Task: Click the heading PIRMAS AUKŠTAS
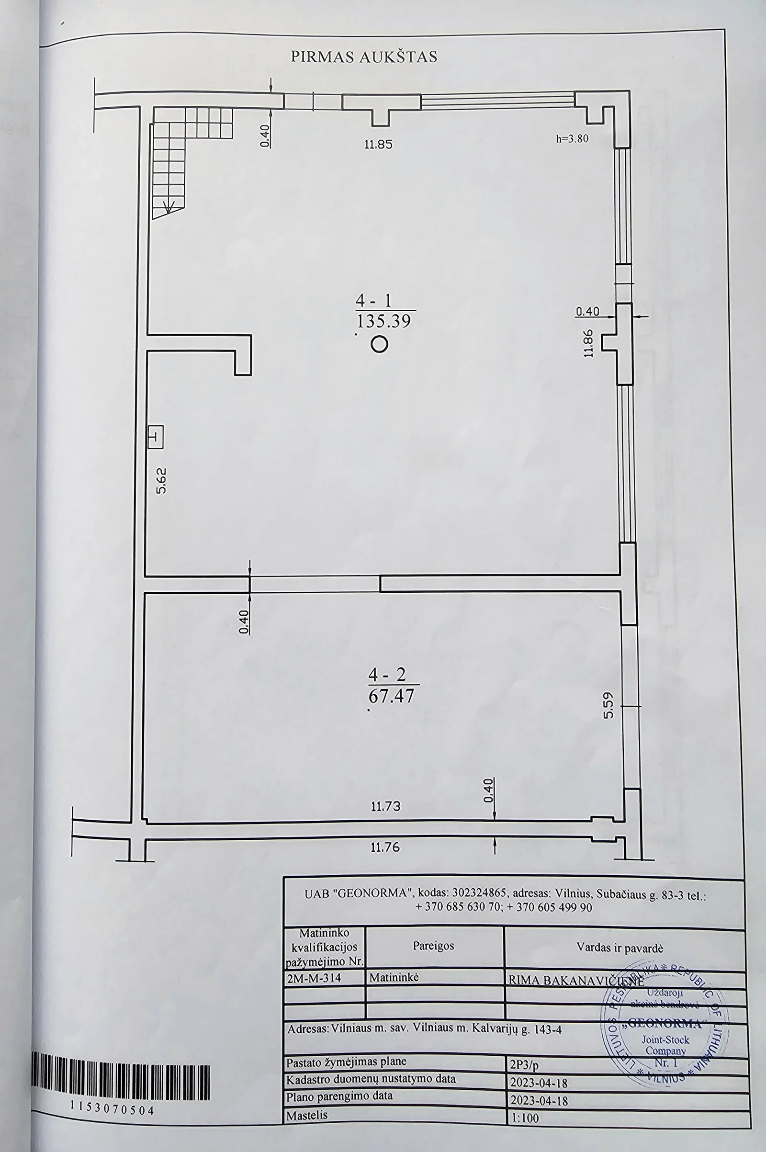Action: click(364, 56)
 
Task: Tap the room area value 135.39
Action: click(384, 321)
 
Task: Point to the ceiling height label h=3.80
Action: click(572, 138)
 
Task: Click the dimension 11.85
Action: click(379, 145)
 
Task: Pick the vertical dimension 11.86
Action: click(588, 343)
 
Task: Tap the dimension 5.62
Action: click(162, 481)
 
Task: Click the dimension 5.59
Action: click(608, 706)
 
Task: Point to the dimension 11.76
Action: click(385, 847)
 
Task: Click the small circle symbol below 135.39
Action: click(380, 344)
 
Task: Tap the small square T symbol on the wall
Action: click(156, 437)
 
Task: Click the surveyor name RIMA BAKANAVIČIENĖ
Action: click(576, 980)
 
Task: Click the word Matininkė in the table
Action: click(394, 978)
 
